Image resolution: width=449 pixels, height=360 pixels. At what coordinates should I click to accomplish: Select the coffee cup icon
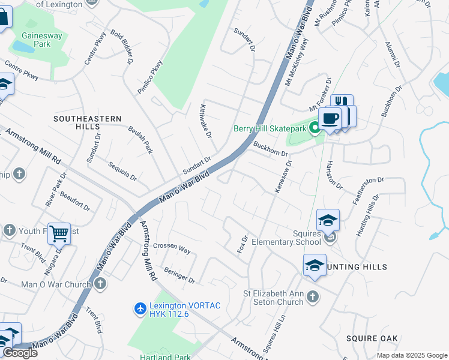[329, 118]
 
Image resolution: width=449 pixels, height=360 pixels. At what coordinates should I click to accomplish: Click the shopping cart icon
[59, 233]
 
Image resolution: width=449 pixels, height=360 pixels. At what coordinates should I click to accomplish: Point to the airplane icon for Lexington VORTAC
[140, 308]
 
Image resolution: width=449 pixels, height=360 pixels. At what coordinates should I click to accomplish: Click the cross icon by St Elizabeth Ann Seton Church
[312, 296]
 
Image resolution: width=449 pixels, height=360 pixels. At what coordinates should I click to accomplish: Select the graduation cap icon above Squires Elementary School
[328, 221]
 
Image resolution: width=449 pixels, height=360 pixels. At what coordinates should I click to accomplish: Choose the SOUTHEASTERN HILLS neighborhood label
[88, 119]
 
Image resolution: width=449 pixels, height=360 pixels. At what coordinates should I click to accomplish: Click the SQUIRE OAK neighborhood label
[372, 338]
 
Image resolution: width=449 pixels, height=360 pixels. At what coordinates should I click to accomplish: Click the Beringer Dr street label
[179, 276]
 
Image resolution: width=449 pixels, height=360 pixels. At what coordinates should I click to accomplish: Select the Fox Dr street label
[243, 244]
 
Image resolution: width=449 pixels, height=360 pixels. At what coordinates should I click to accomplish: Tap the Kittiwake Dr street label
[205, 120]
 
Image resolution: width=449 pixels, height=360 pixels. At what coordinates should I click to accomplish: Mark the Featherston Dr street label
[367, 191]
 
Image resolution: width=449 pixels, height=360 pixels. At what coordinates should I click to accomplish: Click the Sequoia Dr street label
[122, 171]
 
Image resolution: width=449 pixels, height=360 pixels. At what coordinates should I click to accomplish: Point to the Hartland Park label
[166, 357]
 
